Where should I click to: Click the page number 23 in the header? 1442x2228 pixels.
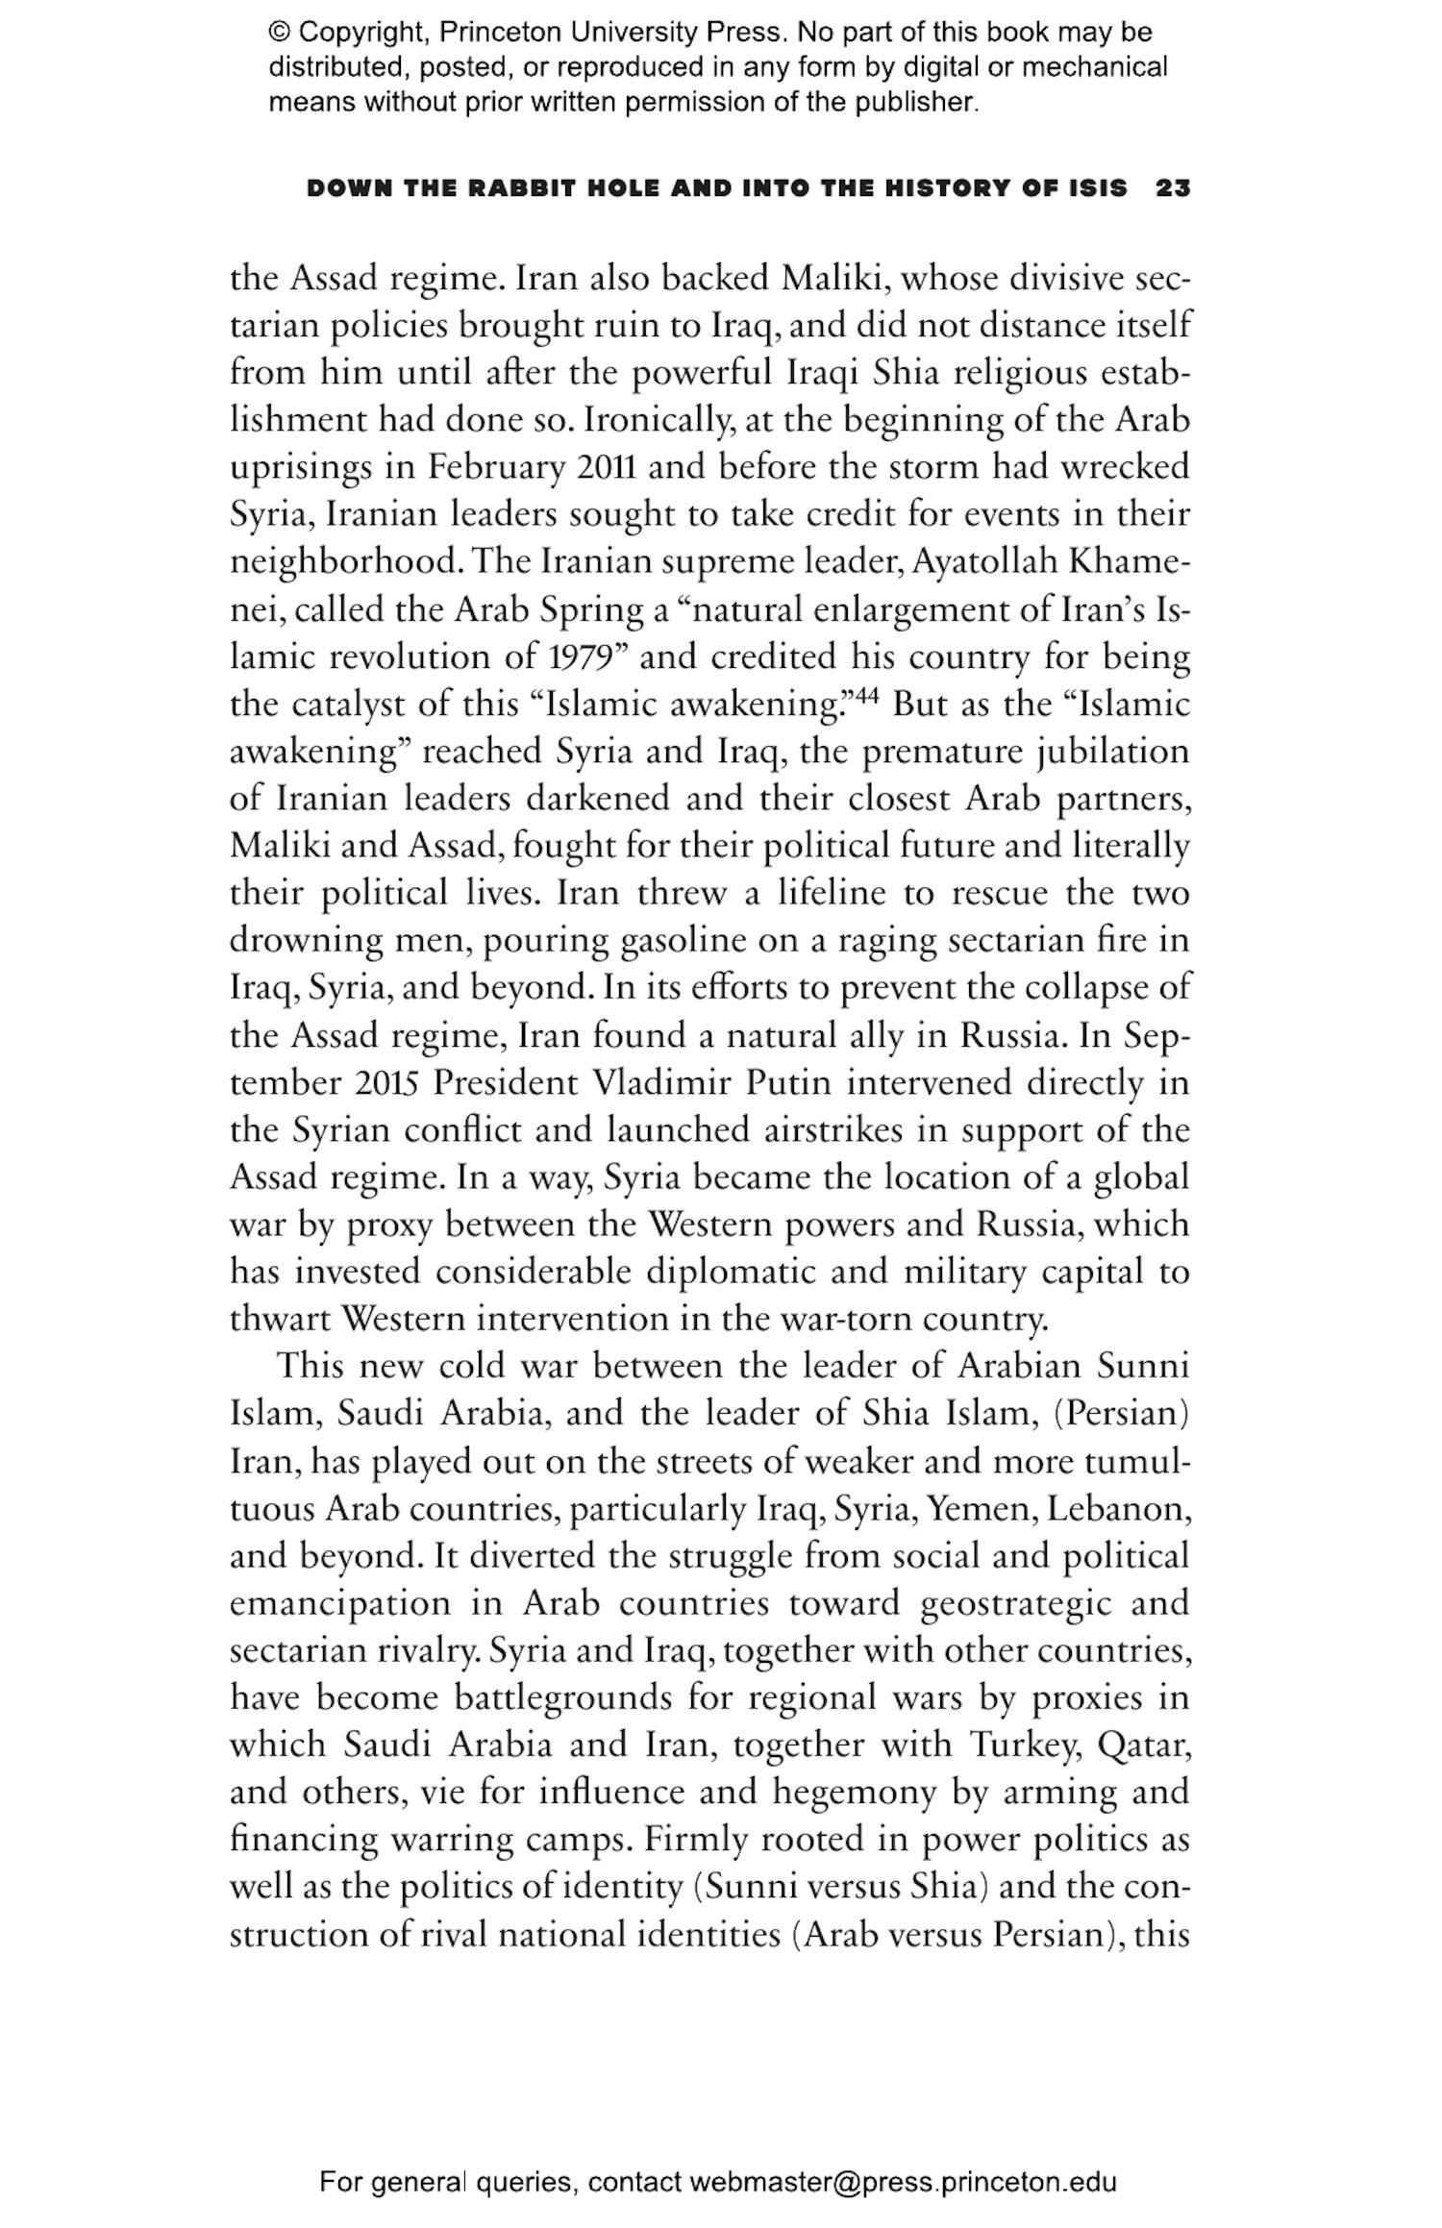point(1173,188)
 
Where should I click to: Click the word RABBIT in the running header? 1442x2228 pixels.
point(520,188)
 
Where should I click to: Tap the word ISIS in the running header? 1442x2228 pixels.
point(1094,188)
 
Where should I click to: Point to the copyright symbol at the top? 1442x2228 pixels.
point(278,33)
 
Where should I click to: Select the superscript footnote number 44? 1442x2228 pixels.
point(867,695)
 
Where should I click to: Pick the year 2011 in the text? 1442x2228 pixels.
point(610,467)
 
